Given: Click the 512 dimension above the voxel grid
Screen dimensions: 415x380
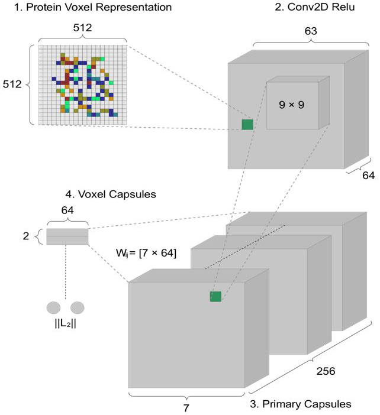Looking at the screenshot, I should pyautogui.click(x=83, y=28).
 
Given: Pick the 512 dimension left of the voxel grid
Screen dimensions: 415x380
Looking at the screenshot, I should pyautogui.click(x=12, y=85).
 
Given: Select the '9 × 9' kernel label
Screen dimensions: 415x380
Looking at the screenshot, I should pyautogui.click(x=292, y=107).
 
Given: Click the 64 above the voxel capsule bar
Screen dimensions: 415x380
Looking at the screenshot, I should pyautogui.click(x=67, y=209).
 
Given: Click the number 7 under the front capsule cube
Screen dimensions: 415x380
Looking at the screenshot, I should pyautogui.click(x=186, y=407).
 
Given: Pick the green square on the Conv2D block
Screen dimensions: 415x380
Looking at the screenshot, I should pyautogui.click(x=247, y=124).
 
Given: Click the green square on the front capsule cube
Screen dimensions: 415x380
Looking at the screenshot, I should pyautogui.click(x=215, y=296).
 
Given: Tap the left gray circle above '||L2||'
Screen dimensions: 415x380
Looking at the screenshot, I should pyautogui.click(x=54, y=308).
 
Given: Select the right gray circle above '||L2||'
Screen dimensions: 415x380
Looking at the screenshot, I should pyautogui.click(x=78, y=308).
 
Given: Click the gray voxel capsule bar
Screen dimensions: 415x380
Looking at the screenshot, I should pyautogui.click(x=67, y=236).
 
